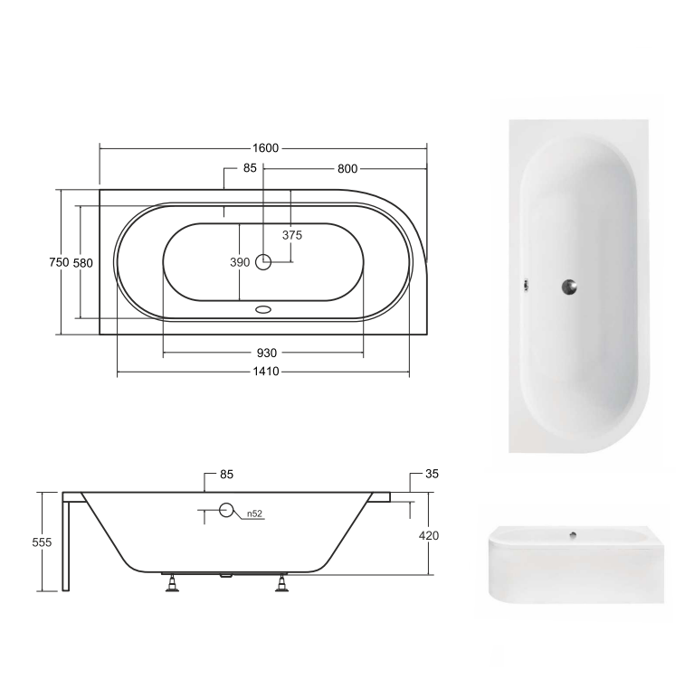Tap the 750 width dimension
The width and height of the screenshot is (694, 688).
(58, 262)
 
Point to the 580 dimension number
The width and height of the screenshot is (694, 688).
(83, 262)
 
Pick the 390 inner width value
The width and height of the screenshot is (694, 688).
(239, 262)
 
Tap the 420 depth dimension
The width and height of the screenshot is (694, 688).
(429, 535)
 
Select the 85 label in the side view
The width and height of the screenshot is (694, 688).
(227, 474)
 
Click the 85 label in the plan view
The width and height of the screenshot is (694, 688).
(251, 168)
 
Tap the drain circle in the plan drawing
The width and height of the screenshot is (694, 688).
(263, 262)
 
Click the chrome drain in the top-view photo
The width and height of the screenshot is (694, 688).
(567, 287)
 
